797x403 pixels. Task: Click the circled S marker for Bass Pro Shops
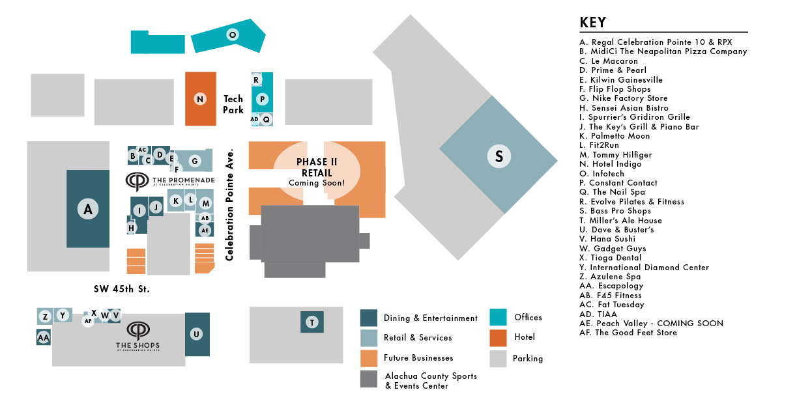[499, 156]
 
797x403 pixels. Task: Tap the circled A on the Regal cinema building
[88, 209]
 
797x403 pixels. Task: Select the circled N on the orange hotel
[200, 99]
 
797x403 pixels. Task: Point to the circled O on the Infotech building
[233, 35]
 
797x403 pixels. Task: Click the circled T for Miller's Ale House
[312, 322]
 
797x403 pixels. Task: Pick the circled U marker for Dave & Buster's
[196, 334]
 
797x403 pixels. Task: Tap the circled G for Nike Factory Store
[195, 161]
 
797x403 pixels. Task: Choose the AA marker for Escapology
[44, 338]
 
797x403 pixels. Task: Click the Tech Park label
[233, 104]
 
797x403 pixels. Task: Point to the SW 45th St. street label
[122, 289]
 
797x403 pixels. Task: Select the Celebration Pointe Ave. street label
[229, 204]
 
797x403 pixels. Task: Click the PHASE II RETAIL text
[317, 167]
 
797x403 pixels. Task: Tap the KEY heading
[592, 22]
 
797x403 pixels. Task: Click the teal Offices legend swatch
[498, 317]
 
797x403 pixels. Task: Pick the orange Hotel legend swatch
[498, 338]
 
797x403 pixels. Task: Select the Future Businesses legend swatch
[369, 358]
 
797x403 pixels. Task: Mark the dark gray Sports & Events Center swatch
[369, 379]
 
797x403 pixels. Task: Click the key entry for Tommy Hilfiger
[616, 154]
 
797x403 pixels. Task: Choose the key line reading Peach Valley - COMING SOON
[651, 324]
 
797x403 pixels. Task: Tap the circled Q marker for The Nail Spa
[266, 119]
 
